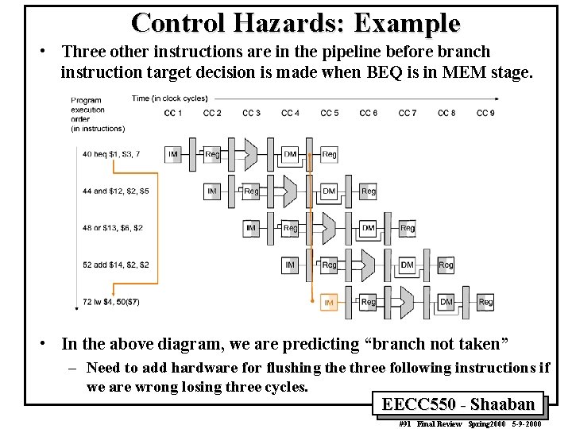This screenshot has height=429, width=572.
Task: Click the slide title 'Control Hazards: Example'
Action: [x=296, y=23]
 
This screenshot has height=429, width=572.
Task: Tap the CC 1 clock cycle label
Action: [x=173, y=113]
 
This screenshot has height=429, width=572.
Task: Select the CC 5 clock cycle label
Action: [x=329, y=113]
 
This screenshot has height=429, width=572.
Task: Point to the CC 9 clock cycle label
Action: [x=485, y=113]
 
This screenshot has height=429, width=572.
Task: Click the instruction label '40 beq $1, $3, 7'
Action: [x=110, y=154]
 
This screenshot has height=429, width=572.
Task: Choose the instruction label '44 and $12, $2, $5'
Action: [x=115, y=191]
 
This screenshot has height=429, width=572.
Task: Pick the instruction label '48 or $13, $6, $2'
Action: [x=112, y=228]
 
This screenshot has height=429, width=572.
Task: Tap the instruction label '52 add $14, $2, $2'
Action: [x=115, y=265]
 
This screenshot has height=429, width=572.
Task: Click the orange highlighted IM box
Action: [x=329, y=302]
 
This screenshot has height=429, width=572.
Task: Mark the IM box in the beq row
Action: [x=173, y=154]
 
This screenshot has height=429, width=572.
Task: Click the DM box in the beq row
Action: [x=290, y=154]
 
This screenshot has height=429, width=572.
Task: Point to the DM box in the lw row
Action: [x=446, y=302]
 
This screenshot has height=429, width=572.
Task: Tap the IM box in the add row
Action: [x=290, y=265]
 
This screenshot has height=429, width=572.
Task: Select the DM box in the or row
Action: [x=368, y=228]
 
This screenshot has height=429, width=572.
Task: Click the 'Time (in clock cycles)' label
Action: [x=169, y=99]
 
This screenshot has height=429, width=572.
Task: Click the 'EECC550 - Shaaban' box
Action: [x=458, y=404]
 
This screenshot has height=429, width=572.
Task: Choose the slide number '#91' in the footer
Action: [x=405, y=423]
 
